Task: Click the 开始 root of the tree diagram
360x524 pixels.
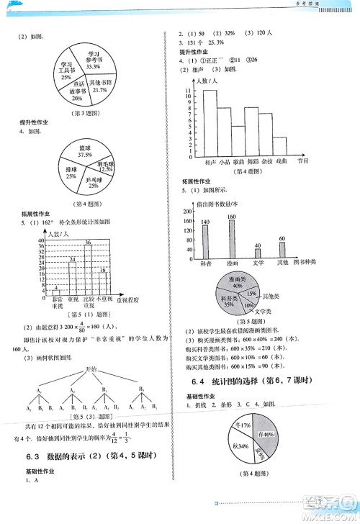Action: (x=89, y=369)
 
